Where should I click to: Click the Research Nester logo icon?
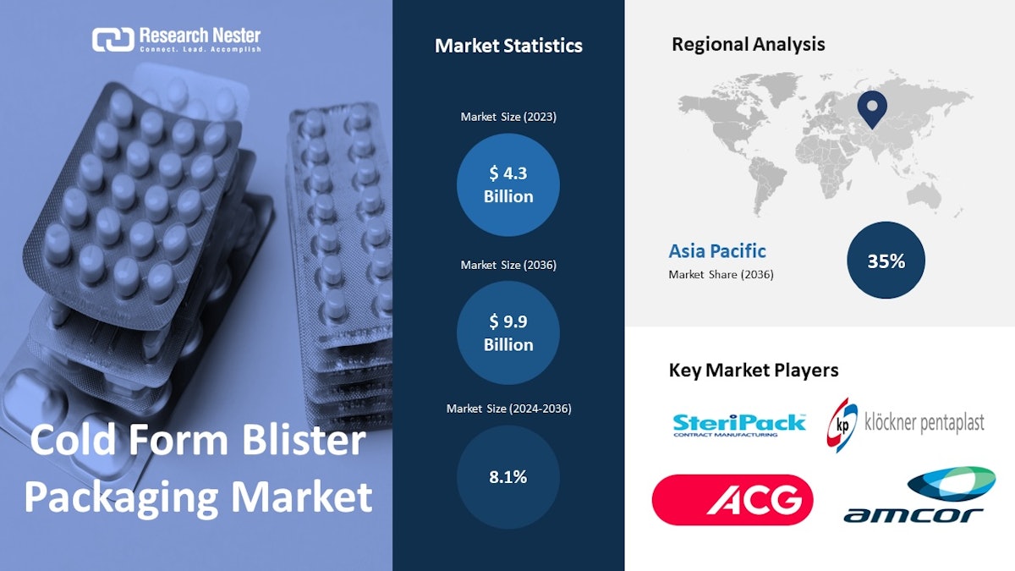coord(112,39)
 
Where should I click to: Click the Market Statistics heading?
coord(508,46)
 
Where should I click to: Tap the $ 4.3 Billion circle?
coord(508,184)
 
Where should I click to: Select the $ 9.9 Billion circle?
coord(508,332)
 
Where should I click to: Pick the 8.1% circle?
coord(508,477)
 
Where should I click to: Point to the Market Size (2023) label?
coord(508,117)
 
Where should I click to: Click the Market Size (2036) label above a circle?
coord(508,265)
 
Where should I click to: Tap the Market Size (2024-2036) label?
coord(508,409)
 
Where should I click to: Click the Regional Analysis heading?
coord(748,44)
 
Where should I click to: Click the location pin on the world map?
coord(871,108)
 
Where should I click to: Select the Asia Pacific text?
coord(717,251)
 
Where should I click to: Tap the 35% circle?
coord(886,261)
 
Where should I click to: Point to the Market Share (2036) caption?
coord(721,274)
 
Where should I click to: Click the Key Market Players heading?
coord(753,370)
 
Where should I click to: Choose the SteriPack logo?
coord(739,423)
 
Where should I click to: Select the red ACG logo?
coord(732,500)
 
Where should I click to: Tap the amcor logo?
coord(913,497)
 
